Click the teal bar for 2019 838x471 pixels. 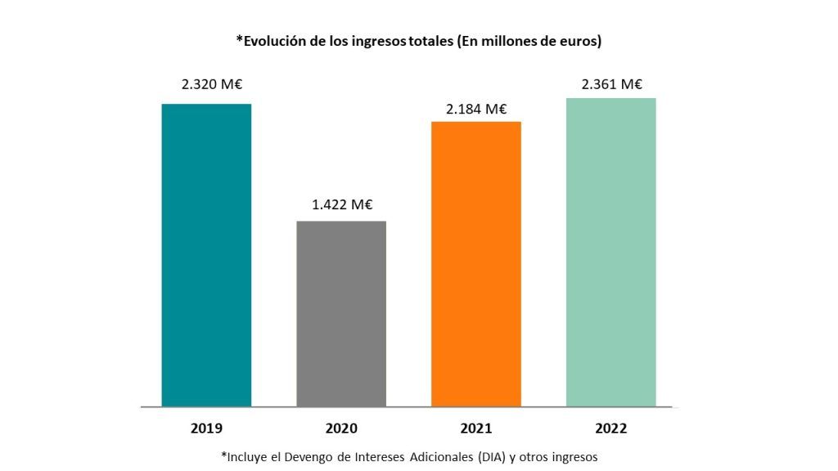(x=206, y=255)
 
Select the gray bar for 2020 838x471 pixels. (x=341, y=314)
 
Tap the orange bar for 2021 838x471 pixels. (x=476, y=264)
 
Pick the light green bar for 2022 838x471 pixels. (x=610, y=253)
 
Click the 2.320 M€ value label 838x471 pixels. (x=212, y=84)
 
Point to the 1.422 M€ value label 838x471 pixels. (x=342, y=204)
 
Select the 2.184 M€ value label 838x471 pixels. (x=476, y=109)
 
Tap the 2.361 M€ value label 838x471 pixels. (x=612, y=84)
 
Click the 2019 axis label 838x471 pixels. (x=206, y=428)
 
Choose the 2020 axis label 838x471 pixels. (x=341, y=428)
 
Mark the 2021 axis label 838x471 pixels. (x=476, y=428)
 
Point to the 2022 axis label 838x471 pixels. (x=610, y=428)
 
